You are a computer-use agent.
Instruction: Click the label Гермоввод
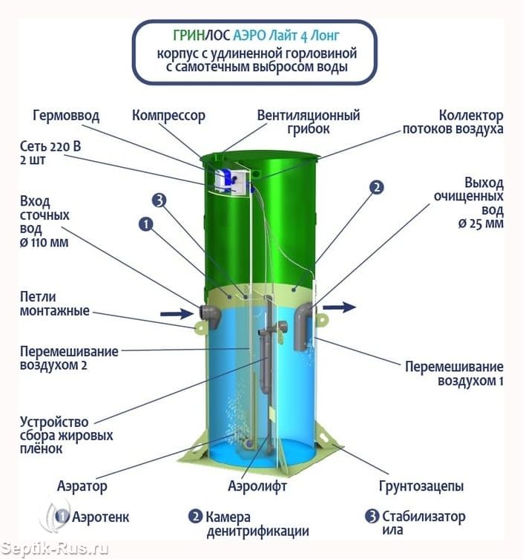pyautogui.click(x=66, y=116)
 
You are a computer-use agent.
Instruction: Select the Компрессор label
pyautogui.click(x=168, y=116)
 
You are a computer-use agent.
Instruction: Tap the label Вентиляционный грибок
pyautogui.click(x=309, y=122)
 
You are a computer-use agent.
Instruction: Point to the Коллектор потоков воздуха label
pyautogui.click(x=453, y=122)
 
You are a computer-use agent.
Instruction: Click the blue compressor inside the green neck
pyautogui.click(x=225, y=180)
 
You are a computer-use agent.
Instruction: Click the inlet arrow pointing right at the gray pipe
pyautogui.click(x=177, y=314)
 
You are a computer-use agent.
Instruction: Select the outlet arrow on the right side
pyautogui.click(x=339, y=307)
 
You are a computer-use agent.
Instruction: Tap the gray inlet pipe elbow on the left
pyautogui.click(x=210, y=316)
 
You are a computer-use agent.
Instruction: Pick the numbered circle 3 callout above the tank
pyautogui.click(x=159, y=200)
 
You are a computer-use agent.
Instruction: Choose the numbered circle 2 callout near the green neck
pyautogui.click(x=376, y=187)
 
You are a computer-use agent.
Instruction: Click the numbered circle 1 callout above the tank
pyautogui.click(x=145, y=224)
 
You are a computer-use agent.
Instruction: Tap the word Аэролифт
pyautogui.click(x=257, y=486)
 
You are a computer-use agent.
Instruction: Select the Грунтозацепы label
pyautogui.click(x=421, y=487)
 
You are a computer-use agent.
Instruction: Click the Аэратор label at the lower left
pyautogui.click(x=82, y=487)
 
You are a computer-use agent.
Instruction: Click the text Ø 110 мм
pyautogui.click(x=45, y=243)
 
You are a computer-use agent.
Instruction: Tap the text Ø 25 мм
pyautogui.click(x=481, y=223)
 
